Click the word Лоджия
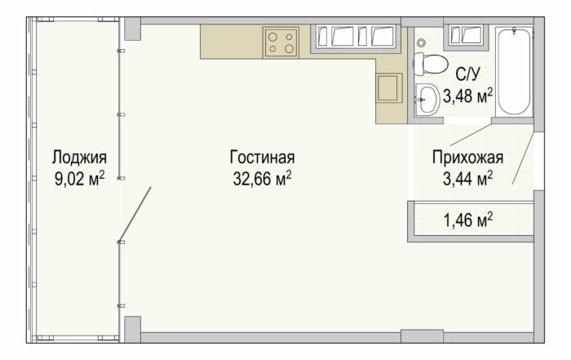(x=79, y=158)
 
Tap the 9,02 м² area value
(x=80, y=179)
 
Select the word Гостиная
(x=262, y=158)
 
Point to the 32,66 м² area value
(x=262, y=179)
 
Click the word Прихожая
(x=468, y=158)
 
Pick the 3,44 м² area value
(x=468, y=179)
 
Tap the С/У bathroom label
(x=468, y=74)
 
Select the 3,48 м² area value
(x=468, y=96)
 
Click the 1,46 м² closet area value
(x=468, y=220)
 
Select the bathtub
(x=514, y=71)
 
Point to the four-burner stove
(x=281, y=42)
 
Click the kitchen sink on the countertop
(x=389, y=88)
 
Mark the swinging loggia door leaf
(x=135, y=215)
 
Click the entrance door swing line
(x=524, y=158)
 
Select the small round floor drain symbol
(x=422, y=43)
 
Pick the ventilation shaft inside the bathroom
(x=467, y=36)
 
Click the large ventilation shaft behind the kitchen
(x=356, y=37)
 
